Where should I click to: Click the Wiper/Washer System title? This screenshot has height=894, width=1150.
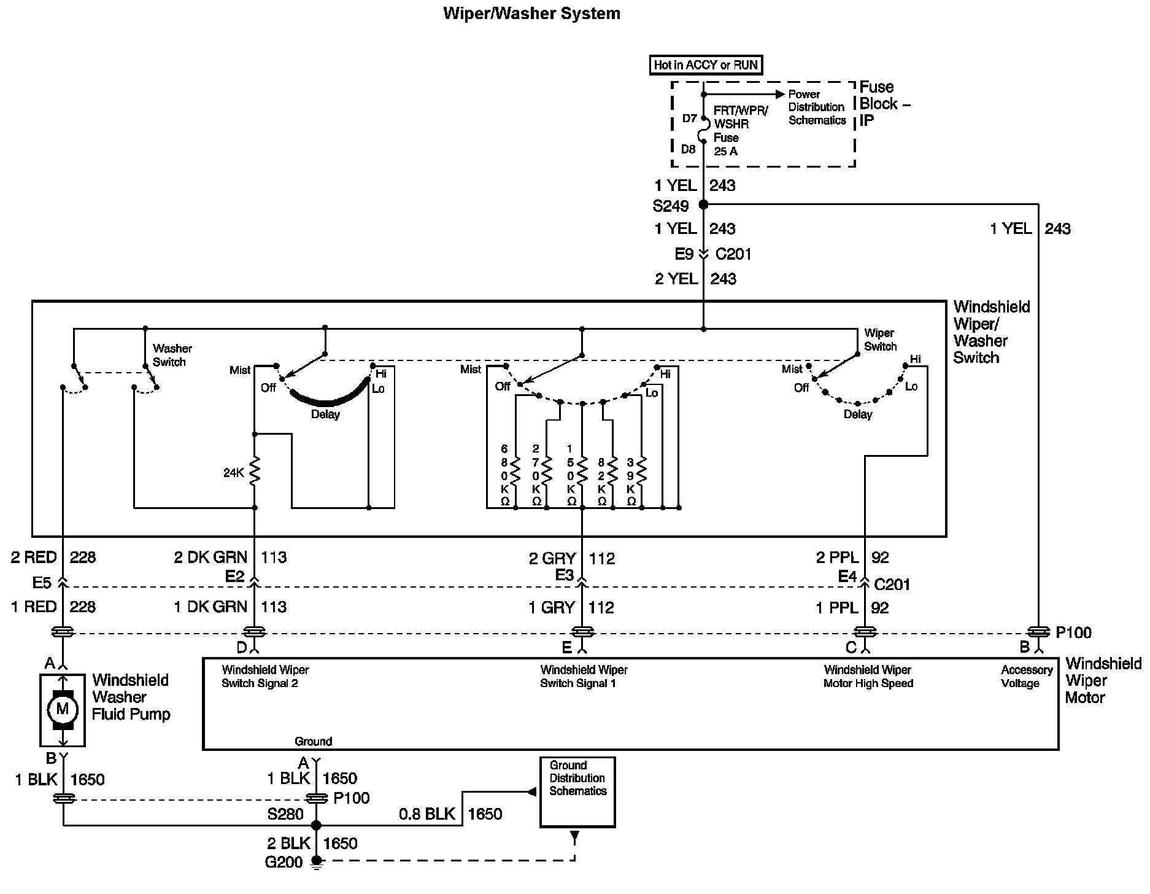click(x=531, y=14)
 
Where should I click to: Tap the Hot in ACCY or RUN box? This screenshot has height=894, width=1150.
click(x=706, y=64)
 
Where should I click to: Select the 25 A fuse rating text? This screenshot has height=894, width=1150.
click(x=725, y=151)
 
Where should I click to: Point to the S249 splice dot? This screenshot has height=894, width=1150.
click(x=703, y=204)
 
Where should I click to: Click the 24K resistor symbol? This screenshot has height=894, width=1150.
click(x=255, y=472)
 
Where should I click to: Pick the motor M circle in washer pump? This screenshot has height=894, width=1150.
click(x=63, y=709)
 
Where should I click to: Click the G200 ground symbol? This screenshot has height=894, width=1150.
click(x=317, y=862)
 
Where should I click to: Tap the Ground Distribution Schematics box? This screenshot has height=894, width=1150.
click(x=577, y=791)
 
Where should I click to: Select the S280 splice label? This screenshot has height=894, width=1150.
click(x=285, y=814)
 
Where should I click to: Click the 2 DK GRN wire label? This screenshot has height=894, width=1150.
click(x=210, y=557)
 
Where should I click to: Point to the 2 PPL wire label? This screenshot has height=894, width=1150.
click(x=837, y=558)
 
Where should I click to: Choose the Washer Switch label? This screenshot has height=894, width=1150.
click(x=172, y=355)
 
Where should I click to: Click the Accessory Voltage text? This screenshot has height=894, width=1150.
click(x=1026, y=676)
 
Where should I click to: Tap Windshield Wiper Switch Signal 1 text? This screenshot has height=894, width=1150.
click(x=584, y=676)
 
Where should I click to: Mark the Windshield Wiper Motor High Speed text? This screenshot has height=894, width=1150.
click(x=868, y=676)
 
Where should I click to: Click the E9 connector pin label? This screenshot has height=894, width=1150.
click(x=684, y=254)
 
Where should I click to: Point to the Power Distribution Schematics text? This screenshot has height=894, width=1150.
click(x=816, y=107)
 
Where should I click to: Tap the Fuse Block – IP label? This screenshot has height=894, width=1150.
click(x=884, y=103)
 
